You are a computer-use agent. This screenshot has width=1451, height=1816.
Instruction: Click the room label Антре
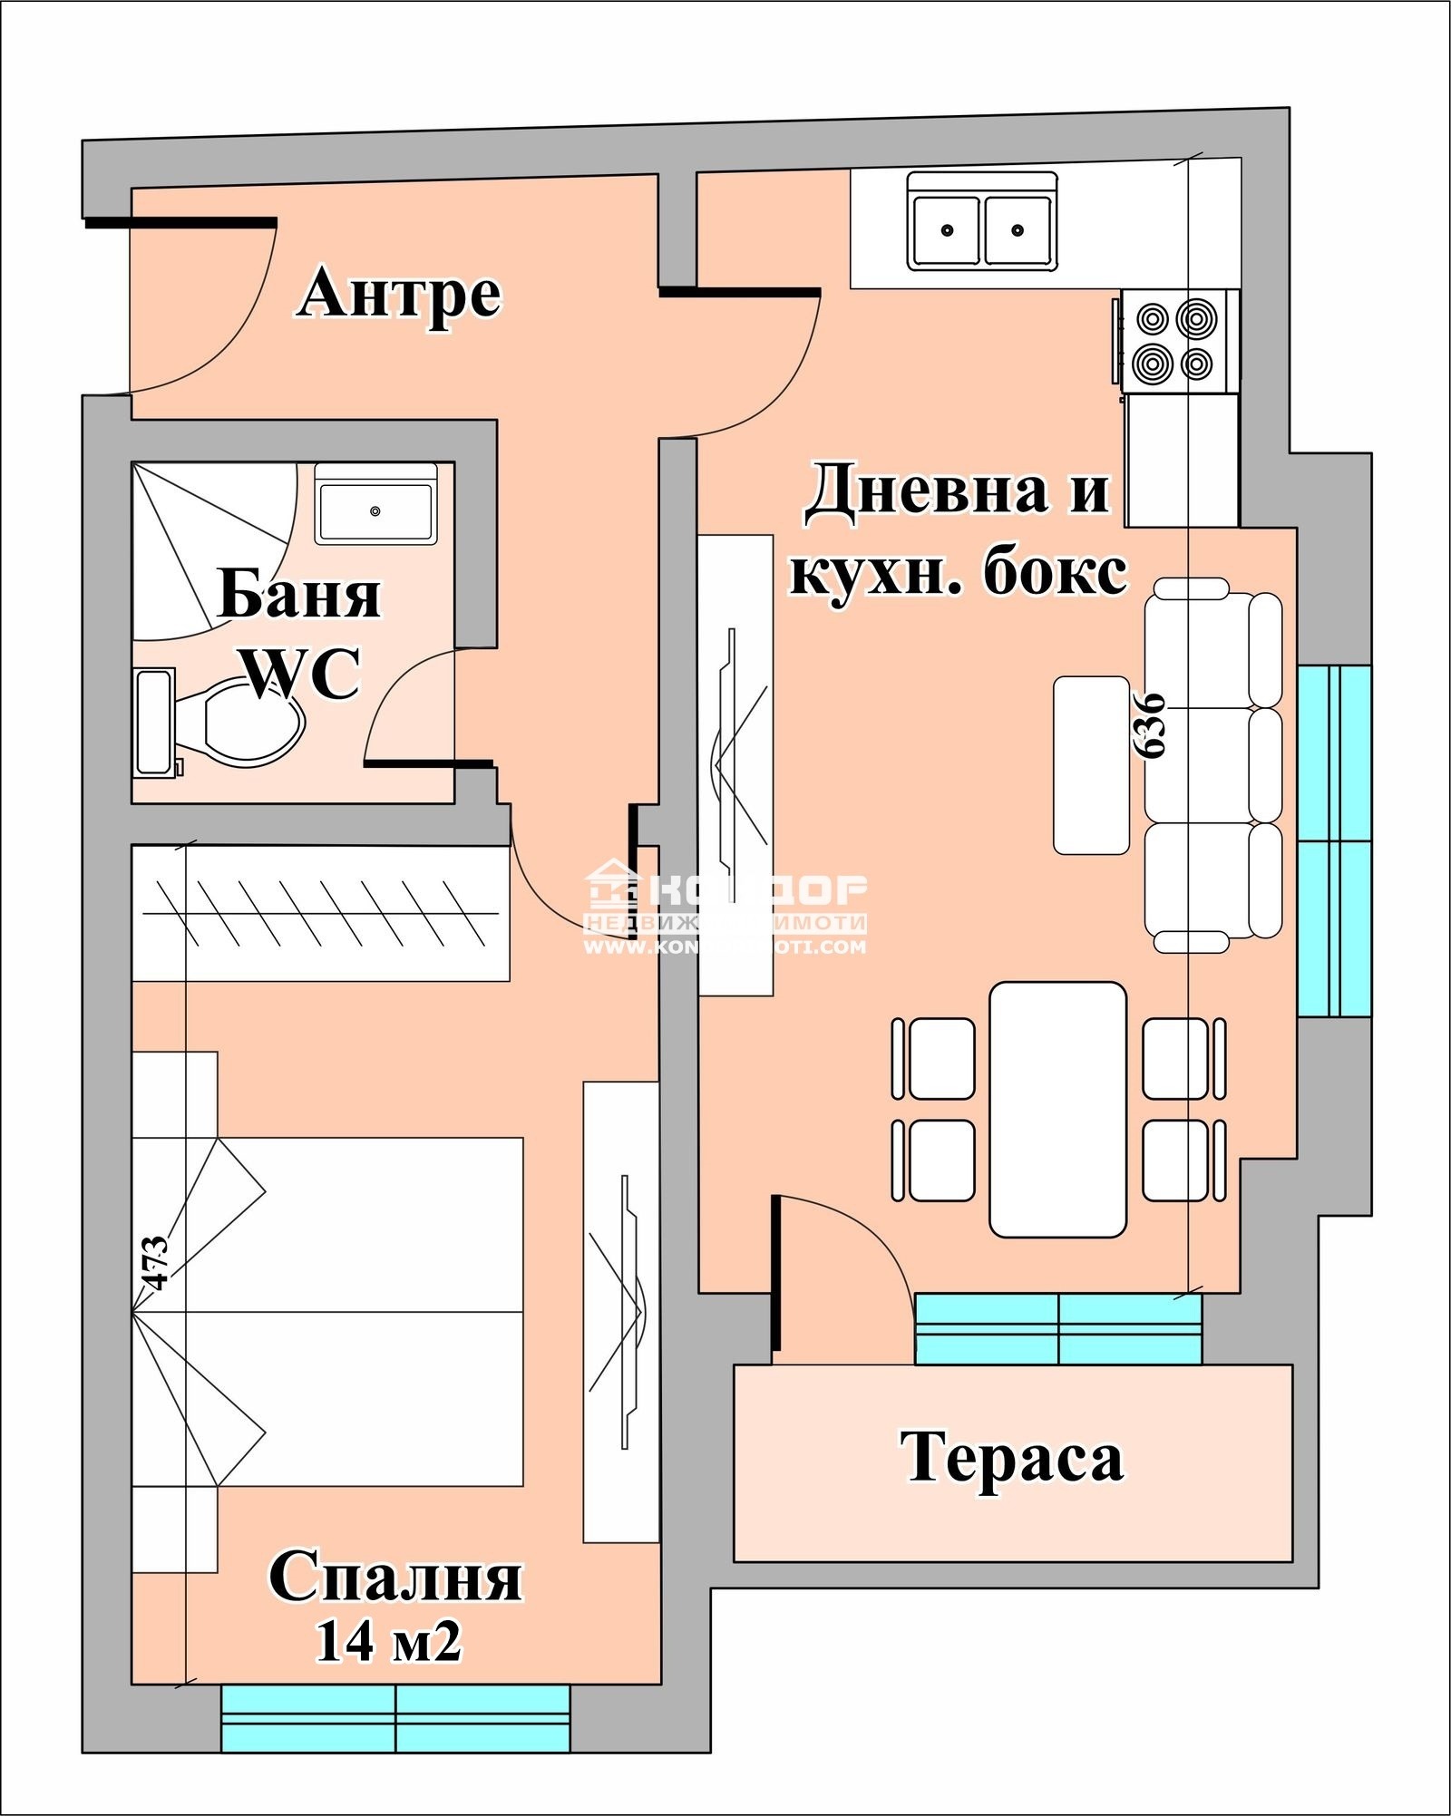[x=399, y=295]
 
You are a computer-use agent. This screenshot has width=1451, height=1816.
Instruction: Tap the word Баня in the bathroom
[x=299, y=596]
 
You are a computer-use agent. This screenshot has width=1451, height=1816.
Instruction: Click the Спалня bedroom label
[x=395, y=1578]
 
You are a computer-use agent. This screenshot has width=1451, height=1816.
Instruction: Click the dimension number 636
[x=1150, y=725]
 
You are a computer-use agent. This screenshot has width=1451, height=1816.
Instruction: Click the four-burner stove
[x=1175, y=341]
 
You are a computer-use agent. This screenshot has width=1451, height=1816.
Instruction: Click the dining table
[x=1057, y=1109]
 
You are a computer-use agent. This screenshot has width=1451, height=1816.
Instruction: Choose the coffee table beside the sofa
[x=1091, y=765]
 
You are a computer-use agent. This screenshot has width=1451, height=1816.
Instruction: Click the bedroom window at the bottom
[x=395, y=1717]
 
